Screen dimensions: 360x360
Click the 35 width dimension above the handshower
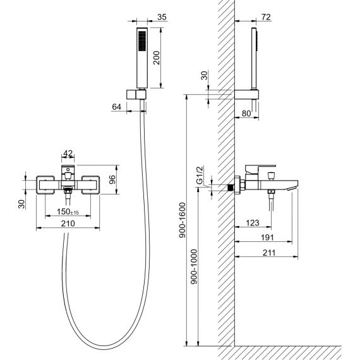pyautogui.click(x=162, y=17)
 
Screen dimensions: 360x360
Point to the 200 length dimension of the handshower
pyautogui.click(x=157, y=58)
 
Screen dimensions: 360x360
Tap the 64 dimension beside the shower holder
pyautogui.click(x=116, y=107)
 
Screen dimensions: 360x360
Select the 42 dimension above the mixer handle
pyautogui.click(x=68, y=153)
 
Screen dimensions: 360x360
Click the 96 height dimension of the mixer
pyautogui.click(x=112, y=179)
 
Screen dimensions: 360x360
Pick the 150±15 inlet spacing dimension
pyautogui.click(x=68, y=212)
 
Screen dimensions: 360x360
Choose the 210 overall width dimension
pyautogui.click(x=68, y=224)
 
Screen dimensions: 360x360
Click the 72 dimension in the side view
pyautogui.click(x=266, y=17)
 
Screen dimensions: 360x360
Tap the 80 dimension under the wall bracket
pyautogui.click(x=246, y=113)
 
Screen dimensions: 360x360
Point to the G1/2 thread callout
pyautogui.click(x=200, y=176)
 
